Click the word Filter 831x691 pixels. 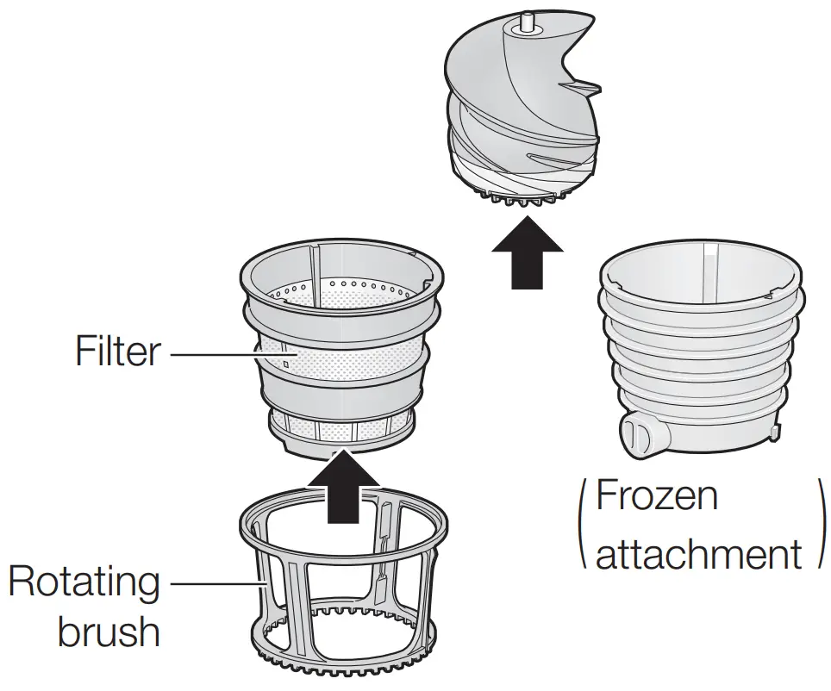pyautogui.click(x=117, y=351)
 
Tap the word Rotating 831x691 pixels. pyautogui.click(x=84, y=583)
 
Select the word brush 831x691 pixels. pyautogui.click(x=109, y=632)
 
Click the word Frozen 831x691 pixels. pyautogui.click(x=657, y=495)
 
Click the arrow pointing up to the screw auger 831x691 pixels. pyautogui.click(x=527, y=254)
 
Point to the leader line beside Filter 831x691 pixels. pyautogui.click(x=211, y=352)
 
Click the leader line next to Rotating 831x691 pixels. pyautogui.click(x=211, y=583)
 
